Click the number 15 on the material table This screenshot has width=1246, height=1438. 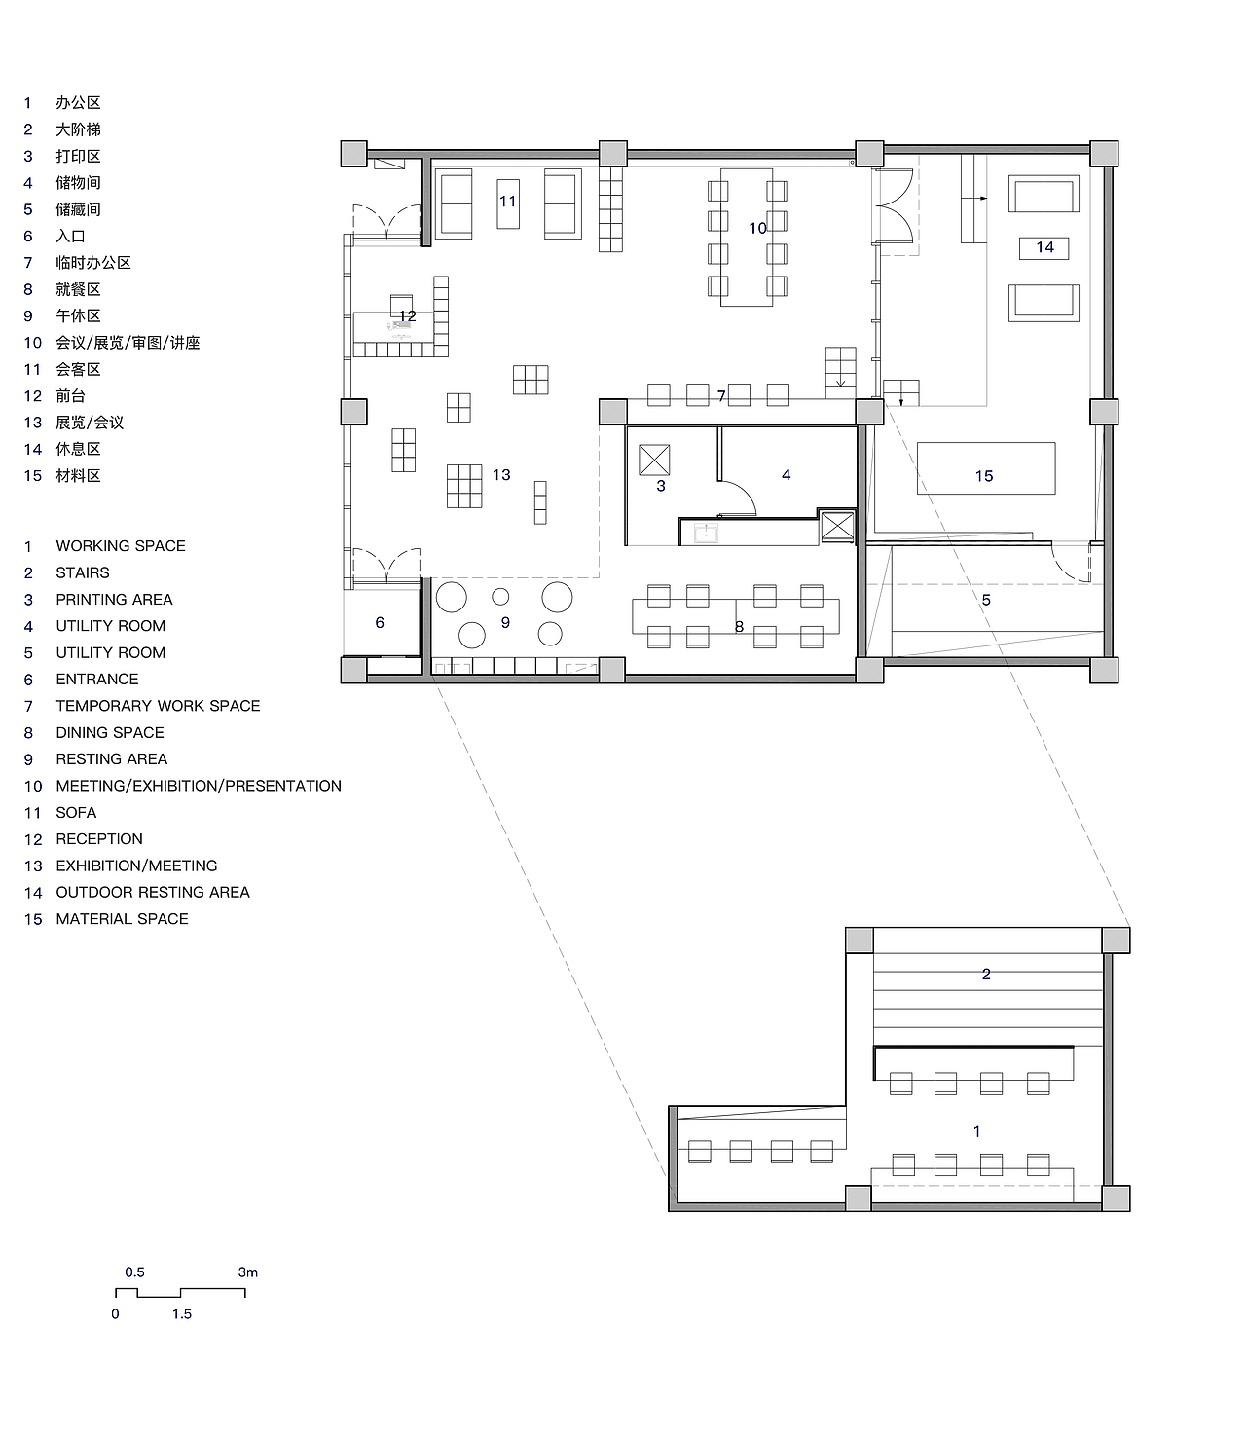984,476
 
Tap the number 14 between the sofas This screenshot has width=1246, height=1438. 1044,247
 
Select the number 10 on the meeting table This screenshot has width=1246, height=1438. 757,228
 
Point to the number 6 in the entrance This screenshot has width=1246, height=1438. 380,623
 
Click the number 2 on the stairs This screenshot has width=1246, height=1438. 986,974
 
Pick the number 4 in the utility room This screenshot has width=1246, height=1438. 787,474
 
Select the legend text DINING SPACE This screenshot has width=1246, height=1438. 110,732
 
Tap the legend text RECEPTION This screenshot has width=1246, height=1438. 99,839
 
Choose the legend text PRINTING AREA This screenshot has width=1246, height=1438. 114,599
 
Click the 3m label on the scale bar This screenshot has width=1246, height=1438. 247,1272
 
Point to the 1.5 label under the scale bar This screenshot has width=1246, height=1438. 182,1314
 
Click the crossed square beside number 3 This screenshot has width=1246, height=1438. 654,460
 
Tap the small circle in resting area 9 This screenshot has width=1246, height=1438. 500,597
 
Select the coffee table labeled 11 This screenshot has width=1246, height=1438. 508,203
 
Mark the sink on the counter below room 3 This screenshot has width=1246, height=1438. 706,533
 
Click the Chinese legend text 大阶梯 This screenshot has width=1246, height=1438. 78,129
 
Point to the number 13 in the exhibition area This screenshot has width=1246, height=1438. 501,474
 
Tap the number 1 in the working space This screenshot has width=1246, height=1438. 976,1132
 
